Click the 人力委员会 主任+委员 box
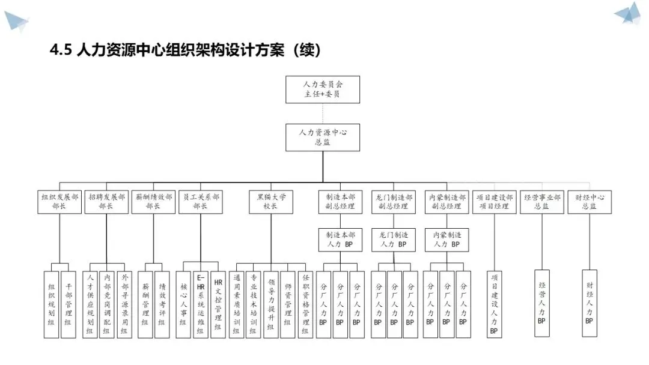[323, 89]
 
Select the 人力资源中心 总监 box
[323, 136]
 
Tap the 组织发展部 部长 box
[59, 201]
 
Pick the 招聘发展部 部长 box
[106, 201]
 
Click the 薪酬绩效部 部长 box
[153, 201]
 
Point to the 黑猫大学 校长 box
[270, 201]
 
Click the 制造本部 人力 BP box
[340, 240]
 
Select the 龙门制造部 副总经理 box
[394, 201]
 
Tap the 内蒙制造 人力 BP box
[447, 240]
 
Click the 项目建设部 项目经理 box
[495, 201]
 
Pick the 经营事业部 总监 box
[542, 201]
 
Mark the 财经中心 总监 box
[589, 201]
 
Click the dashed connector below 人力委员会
[323, 113]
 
